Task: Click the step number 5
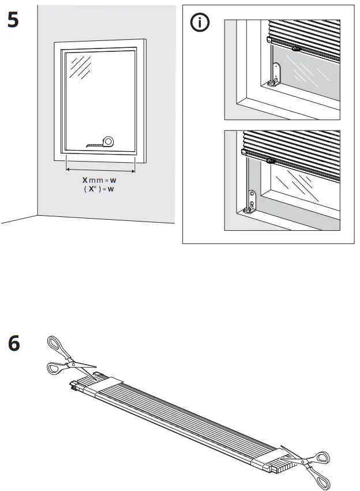coord(13,21)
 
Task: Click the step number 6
coord(13,344)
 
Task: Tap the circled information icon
coord(200,24)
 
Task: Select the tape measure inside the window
coord(102,142)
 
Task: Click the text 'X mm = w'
coord(99,180)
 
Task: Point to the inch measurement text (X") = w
coord(99,189)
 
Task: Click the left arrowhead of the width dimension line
coord(68,170)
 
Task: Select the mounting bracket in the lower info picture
coord(252,201)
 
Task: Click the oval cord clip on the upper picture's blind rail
coord(295,50)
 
